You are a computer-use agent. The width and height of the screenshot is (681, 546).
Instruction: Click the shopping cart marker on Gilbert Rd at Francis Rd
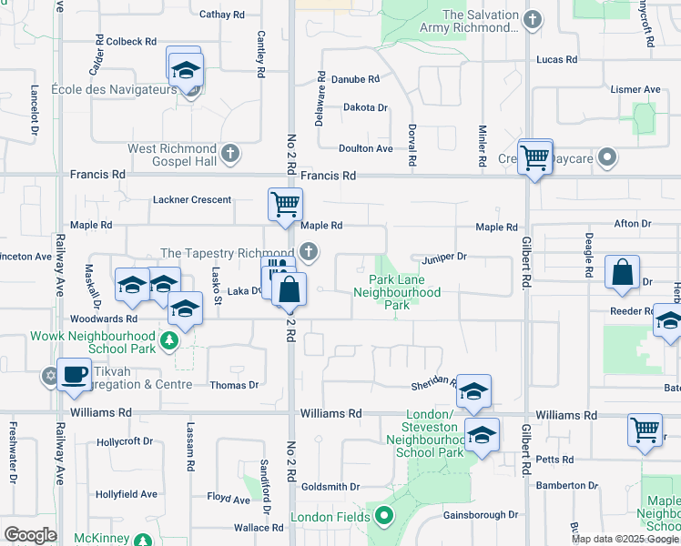(x=534, y=157)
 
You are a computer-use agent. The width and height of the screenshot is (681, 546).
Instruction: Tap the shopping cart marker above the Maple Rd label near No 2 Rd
(x=285, y=204)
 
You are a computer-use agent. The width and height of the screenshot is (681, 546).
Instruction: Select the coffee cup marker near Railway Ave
(x=74, y=373)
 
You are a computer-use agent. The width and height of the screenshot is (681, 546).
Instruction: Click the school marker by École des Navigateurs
(x=185, y=69)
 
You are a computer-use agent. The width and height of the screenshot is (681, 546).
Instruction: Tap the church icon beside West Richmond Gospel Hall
(x=230, y=153)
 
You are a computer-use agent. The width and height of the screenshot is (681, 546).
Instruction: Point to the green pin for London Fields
(x=383, y=517)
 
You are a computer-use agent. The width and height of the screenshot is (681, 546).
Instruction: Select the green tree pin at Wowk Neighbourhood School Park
(x=168, y=340)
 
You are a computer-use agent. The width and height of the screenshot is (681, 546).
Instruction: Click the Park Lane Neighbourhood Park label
(x=396, y=292)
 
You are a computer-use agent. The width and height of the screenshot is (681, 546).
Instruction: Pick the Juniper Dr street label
(x=443, y=257)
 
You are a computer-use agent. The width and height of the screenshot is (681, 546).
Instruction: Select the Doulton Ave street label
(x=365, y=148)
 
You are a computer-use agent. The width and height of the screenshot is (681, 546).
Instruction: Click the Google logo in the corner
(x=30, y=535)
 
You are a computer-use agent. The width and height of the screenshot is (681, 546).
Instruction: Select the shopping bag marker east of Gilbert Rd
(x=622, y=274)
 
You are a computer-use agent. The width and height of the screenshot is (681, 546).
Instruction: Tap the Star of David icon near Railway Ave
(x=49, y=376)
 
